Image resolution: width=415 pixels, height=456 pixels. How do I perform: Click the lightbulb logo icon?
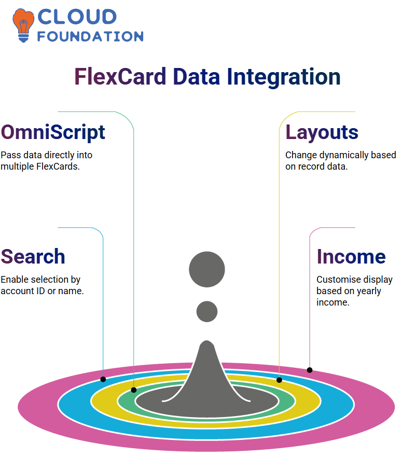(x=23, y=25)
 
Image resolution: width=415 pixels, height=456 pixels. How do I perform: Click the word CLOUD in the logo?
(x=77, y=17)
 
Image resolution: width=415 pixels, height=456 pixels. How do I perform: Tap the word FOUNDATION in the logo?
(x=90, y=36)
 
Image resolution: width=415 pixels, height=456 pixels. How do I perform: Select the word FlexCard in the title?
(x=120, y=76)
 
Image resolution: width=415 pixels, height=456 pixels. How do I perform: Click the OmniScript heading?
(x=53, y=132)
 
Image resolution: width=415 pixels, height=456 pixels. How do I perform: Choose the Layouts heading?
(x=322, y=132)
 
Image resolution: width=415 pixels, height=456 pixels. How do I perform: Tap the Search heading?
(x=33, y=256)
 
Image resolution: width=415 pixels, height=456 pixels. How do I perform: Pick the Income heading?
(x=351, y=256)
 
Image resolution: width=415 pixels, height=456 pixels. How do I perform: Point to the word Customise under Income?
(x=335, y=280)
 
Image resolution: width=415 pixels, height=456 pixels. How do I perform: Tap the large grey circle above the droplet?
(x=207, y=269)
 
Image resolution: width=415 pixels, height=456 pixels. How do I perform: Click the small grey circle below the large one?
(x=207, y=311)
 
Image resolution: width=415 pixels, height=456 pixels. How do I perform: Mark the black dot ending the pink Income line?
(x=310, y=370)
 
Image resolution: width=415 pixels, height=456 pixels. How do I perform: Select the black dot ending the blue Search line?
(x=103, y=379)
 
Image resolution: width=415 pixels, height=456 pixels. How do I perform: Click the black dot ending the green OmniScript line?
(x=134, y=390)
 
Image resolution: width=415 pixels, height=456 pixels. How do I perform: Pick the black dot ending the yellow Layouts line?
(x=279, y=380)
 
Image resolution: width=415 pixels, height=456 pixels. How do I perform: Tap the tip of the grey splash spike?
(x=207, y=340)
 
